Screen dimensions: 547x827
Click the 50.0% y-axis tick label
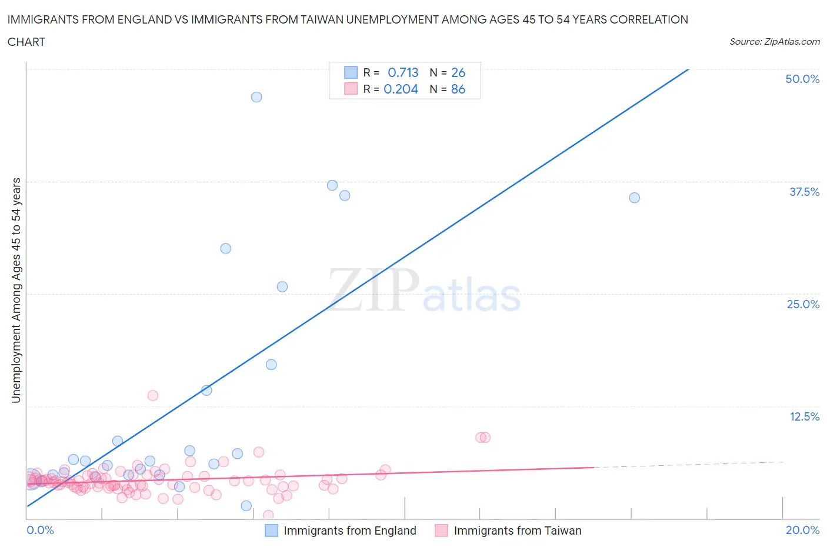802,79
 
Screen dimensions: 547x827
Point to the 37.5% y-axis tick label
804,192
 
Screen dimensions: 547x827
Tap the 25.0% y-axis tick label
803,304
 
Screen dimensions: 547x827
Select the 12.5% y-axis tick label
804,416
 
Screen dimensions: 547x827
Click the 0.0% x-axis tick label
40,530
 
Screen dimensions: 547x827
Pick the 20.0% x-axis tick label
802,530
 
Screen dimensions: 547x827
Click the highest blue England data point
256,97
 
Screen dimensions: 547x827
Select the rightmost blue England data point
634,198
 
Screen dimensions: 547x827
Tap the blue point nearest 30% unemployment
225,248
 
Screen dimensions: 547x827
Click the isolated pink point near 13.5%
153,395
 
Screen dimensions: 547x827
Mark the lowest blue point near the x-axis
246,506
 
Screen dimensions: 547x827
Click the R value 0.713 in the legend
403,72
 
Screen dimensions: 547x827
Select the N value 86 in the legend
458,89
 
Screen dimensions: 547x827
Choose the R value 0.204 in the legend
401,89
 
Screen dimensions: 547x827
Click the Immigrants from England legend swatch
271,531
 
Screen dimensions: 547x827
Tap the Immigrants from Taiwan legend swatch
441,531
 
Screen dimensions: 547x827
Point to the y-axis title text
16,290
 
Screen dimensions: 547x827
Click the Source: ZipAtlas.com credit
774,42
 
